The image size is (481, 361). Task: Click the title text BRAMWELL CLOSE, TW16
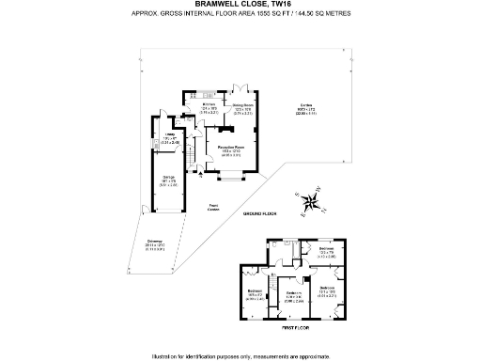click(240, 4)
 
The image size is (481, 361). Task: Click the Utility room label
click(170, 141)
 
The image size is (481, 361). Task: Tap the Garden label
click(307, 111)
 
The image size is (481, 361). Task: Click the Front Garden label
click(214, 206)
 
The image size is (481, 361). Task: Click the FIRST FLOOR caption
click(296, 328)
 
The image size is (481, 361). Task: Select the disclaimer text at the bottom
click(240, 355)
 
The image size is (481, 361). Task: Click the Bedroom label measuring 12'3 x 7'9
click(324, 254)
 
